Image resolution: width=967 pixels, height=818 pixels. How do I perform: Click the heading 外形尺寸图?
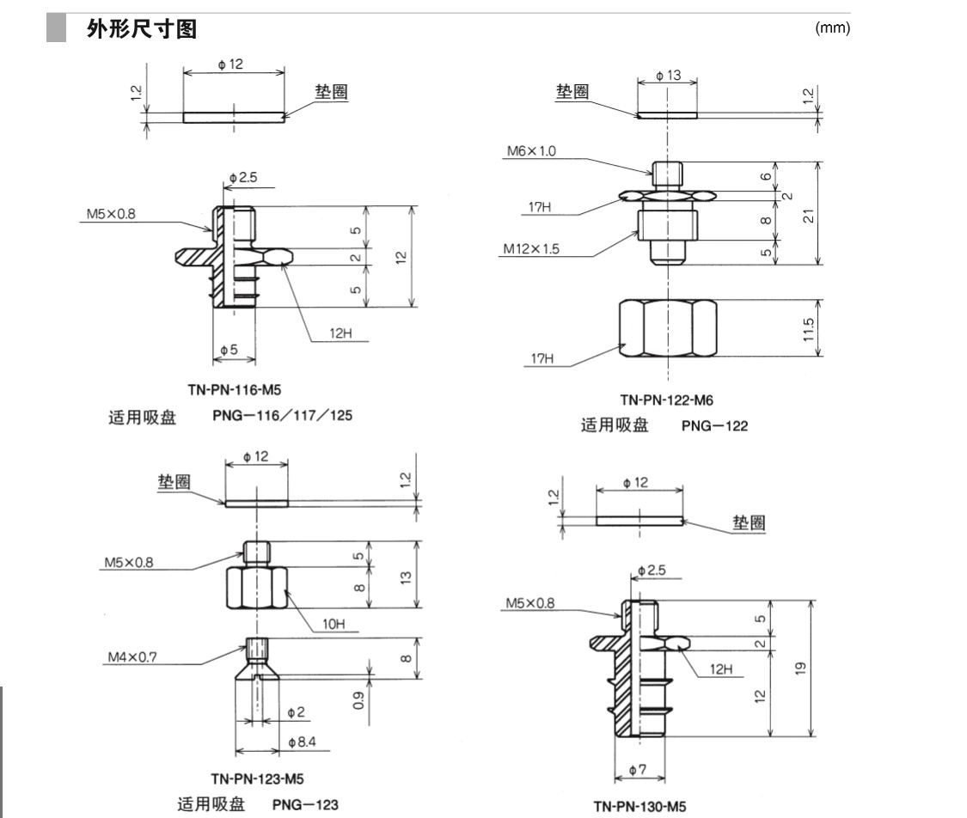pyautogui.click(x=142, y=29)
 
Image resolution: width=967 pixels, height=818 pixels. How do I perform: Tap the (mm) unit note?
pyautogui.click(x=832, y=28)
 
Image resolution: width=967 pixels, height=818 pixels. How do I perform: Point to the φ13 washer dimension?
pyautogui.click(x=668, y=76)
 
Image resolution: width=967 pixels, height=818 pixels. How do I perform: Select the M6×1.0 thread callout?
pyautogui.click(x=530, y=151)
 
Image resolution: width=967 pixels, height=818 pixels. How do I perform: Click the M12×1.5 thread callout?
pyautogui.click(x=531, y=249)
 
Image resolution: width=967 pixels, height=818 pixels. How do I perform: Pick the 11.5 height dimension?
pyautogui.click(x=809, y=327)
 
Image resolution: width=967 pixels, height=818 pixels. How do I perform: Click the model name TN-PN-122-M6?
pyautogui.click(x=666, y=400)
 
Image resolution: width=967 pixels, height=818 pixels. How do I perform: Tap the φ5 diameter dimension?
pyautogui.click(x=230, y=350)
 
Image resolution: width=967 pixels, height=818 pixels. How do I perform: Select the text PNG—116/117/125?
pyautogui.click(x=283, y=416)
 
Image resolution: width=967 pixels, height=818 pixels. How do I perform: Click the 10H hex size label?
pyautogui.click(x=335, y=625)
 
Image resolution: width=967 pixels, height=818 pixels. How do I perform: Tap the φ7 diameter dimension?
pyautogui.click(x=637, y=771)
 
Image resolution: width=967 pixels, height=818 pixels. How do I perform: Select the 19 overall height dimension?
pyautogui.click(x=801, y=668)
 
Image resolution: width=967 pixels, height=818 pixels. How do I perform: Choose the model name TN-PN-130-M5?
pyautogui.click(x=640, y=806)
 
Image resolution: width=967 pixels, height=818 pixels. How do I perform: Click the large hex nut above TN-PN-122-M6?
pyautogui.click(x=667, y=327)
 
